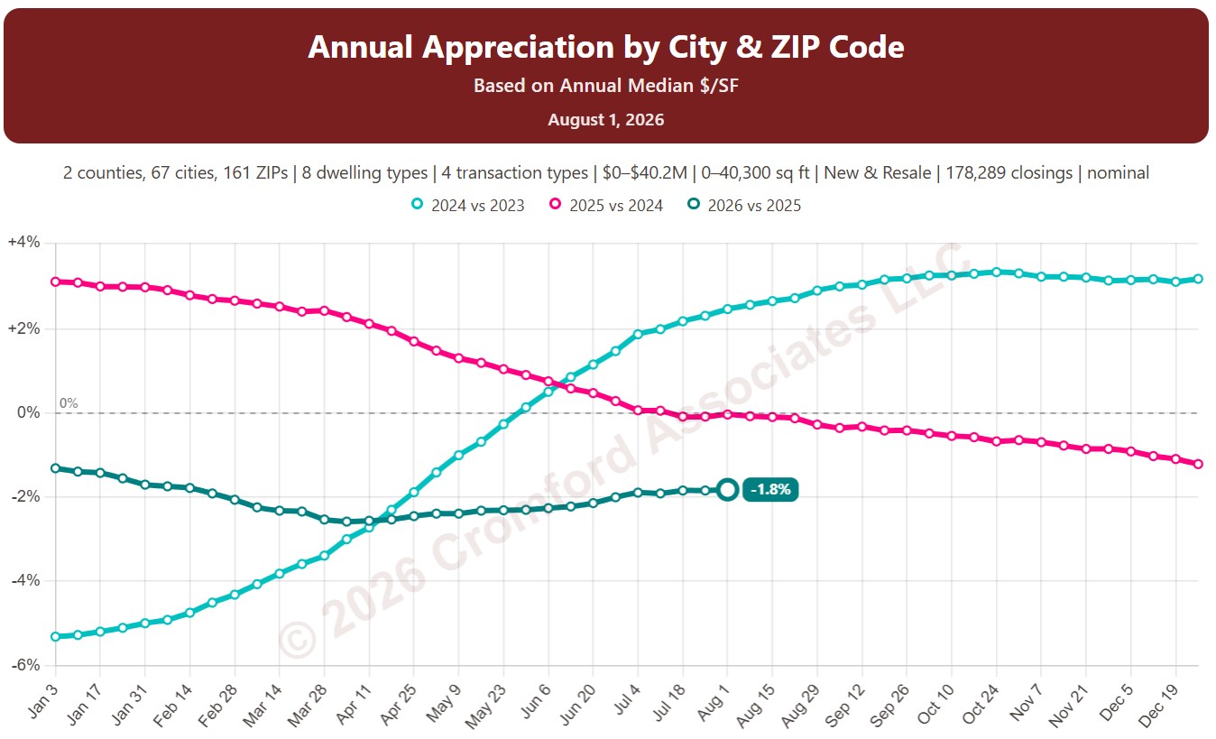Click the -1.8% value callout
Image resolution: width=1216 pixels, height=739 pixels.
(x=769, y=490)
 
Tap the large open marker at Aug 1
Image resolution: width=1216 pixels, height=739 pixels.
(x=727, y=490)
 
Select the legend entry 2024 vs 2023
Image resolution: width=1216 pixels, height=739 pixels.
(x=468, y=205)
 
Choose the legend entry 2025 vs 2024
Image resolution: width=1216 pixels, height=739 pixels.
(x=606, y=205)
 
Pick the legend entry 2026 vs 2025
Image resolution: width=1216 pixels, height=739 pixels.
(x=744, y=205)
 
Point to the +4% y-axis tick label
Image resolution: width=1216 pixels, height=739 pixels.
(x=23, y=242)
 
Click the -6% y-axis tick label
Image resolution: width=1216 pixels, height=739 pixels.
(x=25, y=665)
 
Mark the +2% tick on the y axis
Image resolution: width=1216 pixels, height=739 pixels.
(x=23, y=328)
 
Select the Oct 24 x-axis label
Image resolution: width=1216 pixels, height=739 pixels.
(x=980, y=705)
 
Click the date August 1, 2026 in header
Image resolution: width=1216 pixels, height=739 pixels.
(x=606, y=119)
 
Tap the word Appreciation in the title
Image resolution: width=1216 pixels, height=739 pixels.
(x=518, y=47)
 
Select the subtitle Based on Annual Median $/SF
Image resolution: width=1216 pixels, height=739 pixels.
(x=606, y=86)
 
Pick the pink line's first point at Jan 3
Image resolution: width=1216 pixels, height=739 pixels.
(x=55, y=282)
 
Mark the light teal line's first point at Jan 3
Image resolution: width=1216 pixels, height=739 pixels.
(x=55, y=636)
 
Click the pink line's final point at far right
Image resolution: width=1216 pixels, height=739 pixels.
(x=1199, y=465)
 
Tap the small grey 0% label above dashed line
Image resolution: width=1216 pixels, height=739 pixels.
(x=69, y=403)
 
